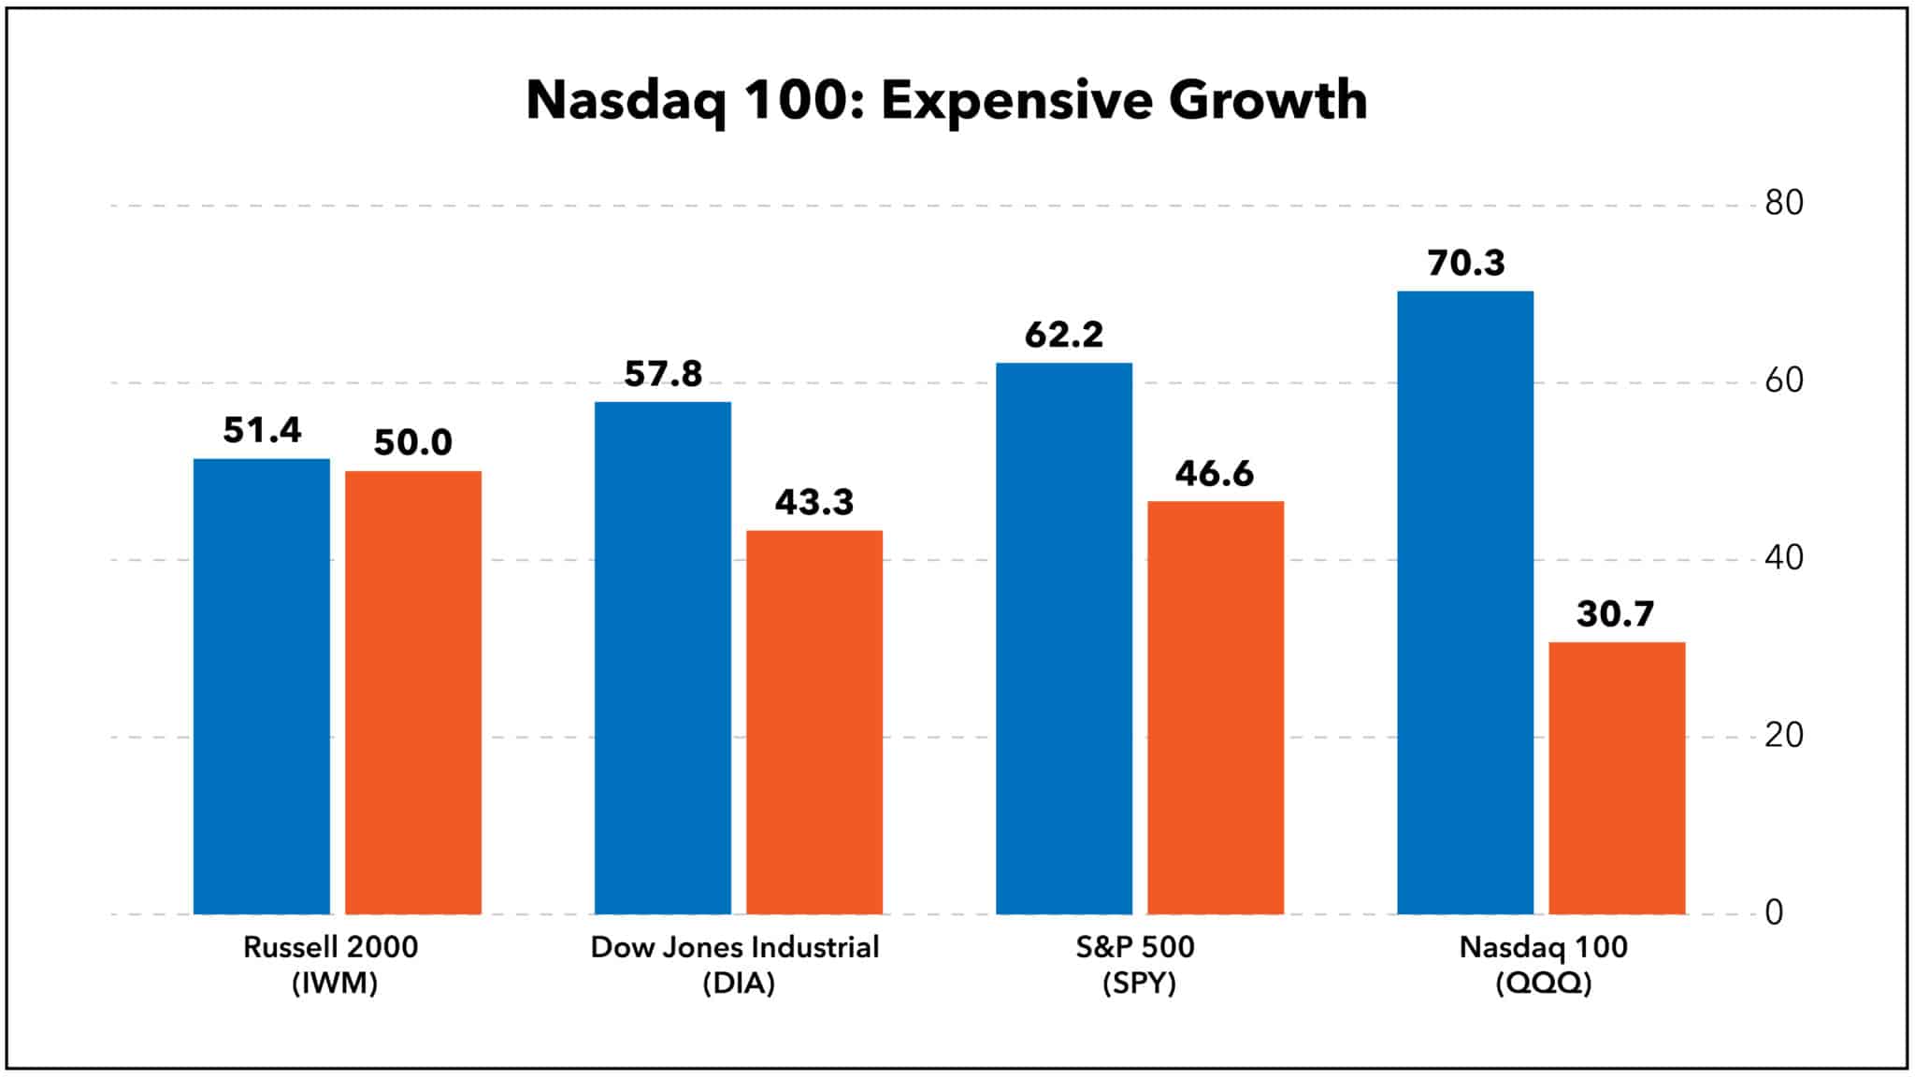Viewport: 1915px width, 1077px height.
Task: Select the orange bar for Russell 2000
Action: [x=412, y=692]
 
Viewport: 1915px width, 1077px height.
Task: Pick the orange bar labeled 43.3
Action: [x=814, y=722]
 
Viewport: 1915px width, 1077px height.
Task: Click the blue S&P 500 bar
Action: [x=1063, y=638]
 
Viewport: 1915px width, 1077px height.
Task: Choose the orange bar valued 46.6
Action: [x=1215, y=707]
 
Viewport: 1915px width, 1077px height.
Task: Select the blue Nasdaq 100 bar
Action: [x=1464, y=602]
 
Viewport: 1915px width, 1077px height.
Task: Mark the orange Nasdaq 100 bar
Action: [x=1616, y=778]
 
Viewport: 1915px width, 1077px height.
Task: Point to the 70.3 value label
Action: [x=1465, y=264]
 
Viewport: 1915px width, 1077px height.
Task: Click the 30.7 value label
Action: [x=1615, y=614]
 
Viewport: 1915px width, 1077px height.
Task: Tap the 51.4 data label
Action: [x=262, y=430]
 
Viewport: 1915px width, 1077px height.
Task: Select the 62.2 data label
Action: [x=1063, y=335]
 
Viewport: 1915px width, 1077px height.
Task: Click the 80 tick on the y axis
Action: [x=1783, y=203]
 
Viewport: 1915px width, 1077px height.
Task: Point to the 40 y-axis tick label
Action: [x=1783, y=558]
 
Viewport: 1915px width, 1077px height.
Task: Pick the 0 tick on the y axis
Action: [x=1774, y=912]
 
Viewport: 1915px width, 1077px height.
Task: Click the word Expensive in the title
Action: [x=1015, y=100]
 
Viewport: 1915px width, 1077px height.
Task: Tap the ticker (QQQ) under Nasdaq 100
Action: [x=1543, y=984]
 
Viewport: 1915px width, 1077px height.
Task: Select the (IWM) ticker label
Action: [x=334, y=984]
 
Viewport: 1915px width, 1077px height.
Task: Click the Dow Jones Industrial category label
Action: [x=735, y=947]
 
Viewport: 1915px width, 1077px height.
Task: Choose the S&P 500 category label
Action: [x=1134, y=947]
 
